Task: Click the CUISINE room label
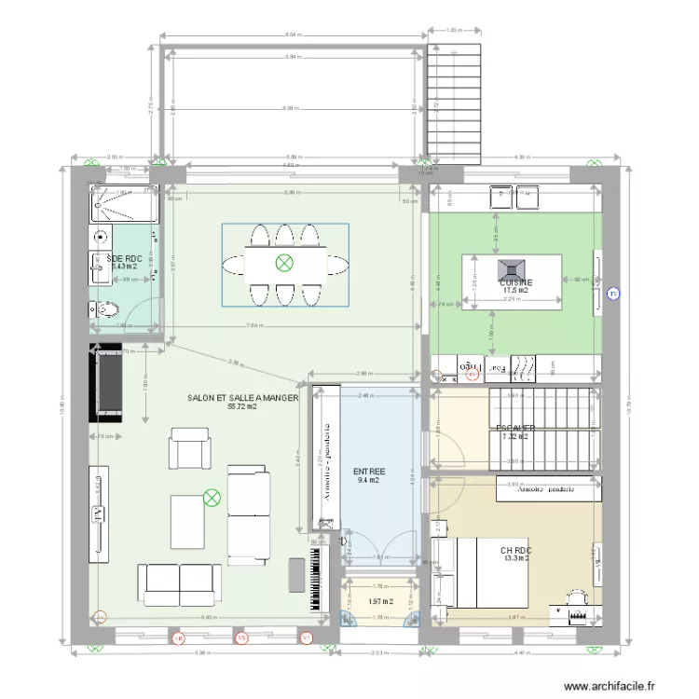[515, 282]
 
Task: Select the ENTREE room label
[369, 473]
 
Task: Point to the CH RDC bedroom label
[515, 552]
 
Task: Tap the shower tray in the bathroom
[125, 203]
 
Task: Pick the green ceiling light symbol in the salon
[212, 499]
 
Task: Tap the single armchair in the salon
[190, 448]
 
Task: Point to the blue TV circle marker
[612, 295]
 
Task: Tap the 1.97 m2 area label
[380, 602]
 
